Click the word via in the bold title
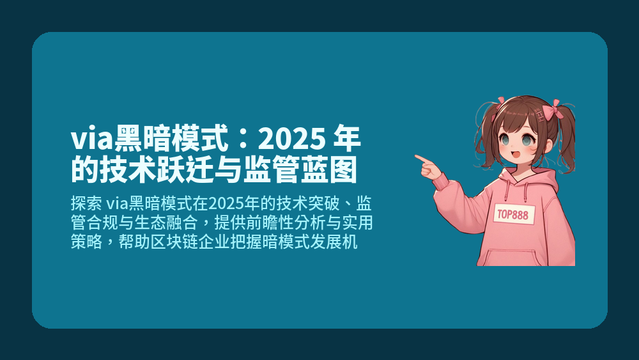click(x=89, y=138)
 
